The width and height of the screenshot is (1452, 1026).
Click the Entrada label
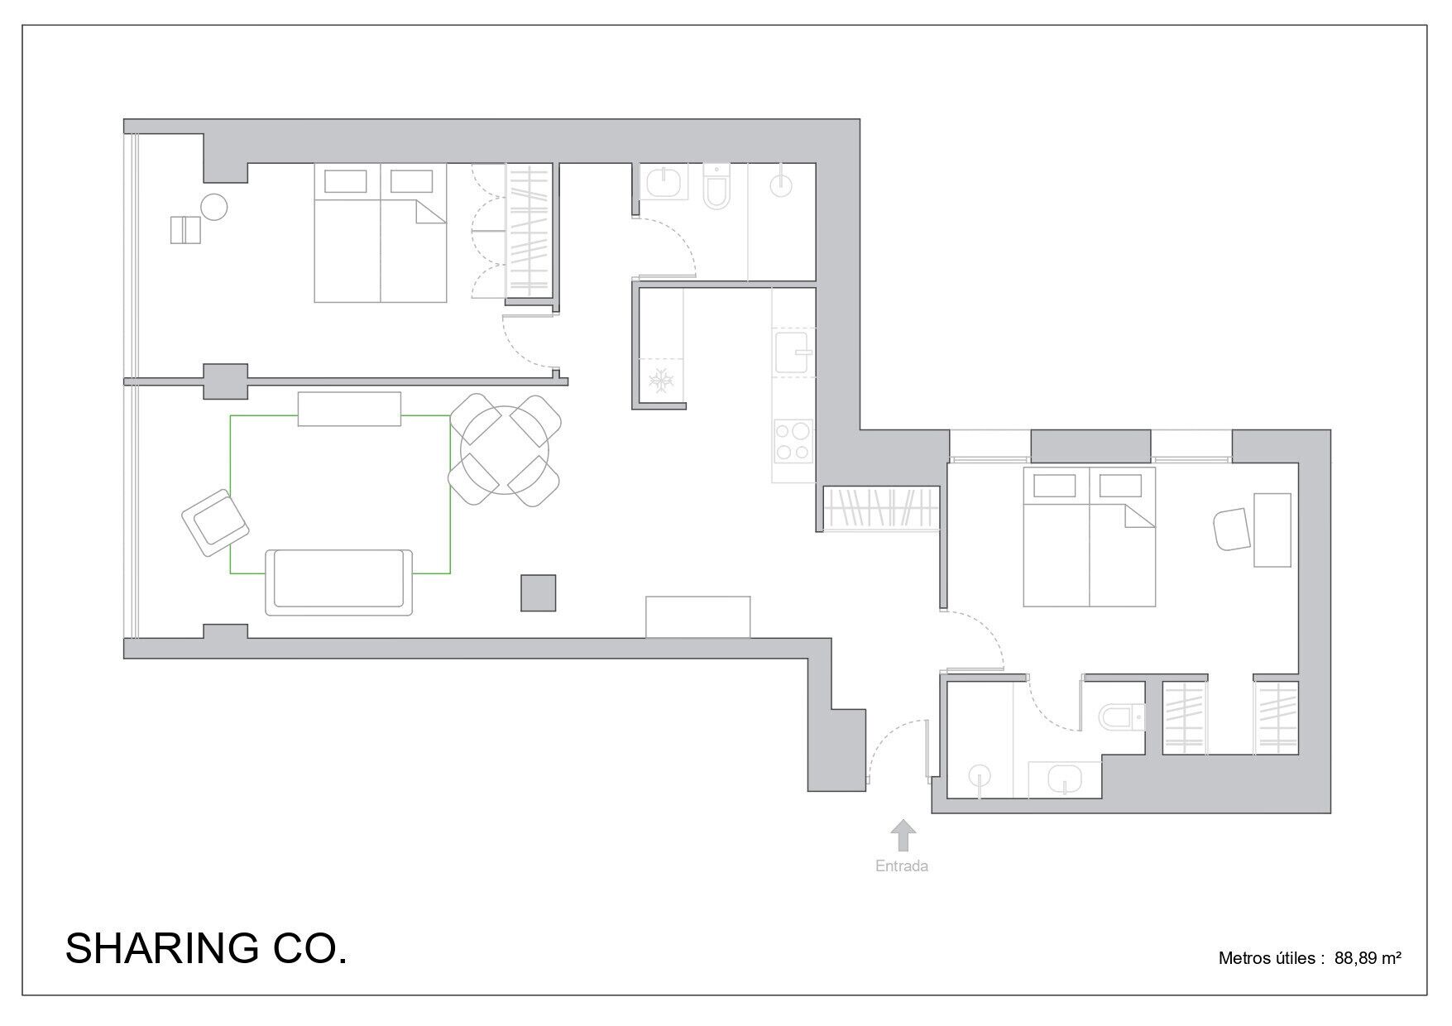pos(902,866)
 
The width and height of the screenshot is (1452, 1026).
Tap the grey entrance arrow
pos(903,836)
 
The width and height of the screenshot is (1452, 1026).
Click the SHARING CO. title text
pos(206,948)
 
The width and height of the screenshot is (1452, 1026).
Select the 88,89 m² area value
pos(1368,958)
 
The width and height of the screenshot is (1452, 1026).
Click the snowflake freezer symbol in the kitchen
pos(661,381)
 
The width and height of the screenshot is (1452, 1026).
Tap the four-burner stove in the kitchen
pos(793,441)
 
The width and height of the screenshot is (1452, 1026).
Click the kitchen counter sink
pos(793,352)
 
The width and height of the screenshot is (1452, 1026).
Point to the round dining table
pos(505,451)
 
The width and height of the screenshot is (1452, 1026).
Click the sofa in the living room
pos(339,582)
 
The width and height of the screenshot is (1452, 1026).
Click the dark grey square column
pos(538,593)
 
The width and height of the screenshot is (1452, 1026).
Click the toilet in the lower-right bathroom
pos(1122,717)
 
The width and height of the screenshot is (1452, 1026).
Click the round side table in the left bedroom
pos(214,207)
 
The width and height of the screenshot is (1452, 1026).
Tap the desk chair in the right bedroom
pos(1231,529)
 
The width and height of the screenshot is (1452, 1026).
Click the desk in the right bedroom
pos(1272,530)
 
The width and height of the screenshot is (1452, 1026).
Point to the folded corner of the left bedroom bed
pos(431,213)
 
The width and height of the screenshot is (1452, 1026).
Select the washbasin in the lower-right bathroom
pos(1064,779)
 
